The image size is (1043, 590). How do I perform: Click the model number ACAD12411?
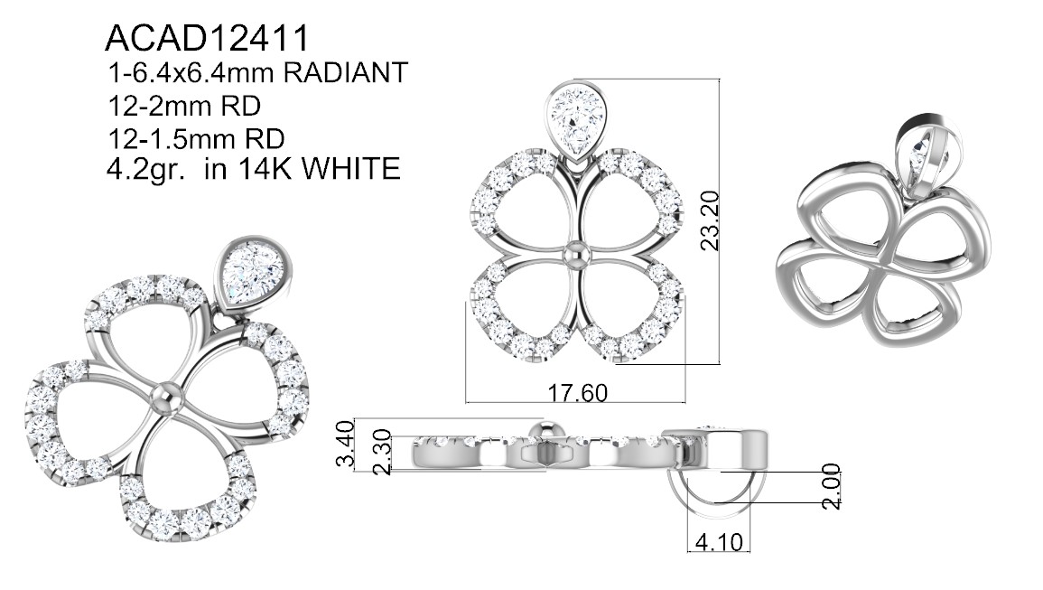[x=207, y=38]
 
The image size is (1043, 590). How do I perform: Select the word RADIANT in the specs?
[x=345, y=72]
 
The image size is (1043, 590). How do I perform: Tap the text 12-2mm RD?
[x=183, y=106]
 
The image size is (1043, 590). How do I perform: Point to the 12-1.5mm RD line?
[x=196, y=138]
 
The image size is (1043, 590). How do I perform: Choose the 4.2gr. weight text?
[x=149, y=169]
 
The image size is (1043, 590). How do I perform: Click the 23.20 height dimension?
[x=710, y=220]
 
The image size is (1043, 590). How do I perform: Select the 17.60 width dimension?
[x=577, y=393]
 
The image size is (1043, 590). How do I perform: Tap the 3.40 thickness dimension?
[x=346, y=445]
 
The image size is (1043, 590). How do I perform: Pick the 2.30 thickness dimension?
[x=381, y=452]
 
